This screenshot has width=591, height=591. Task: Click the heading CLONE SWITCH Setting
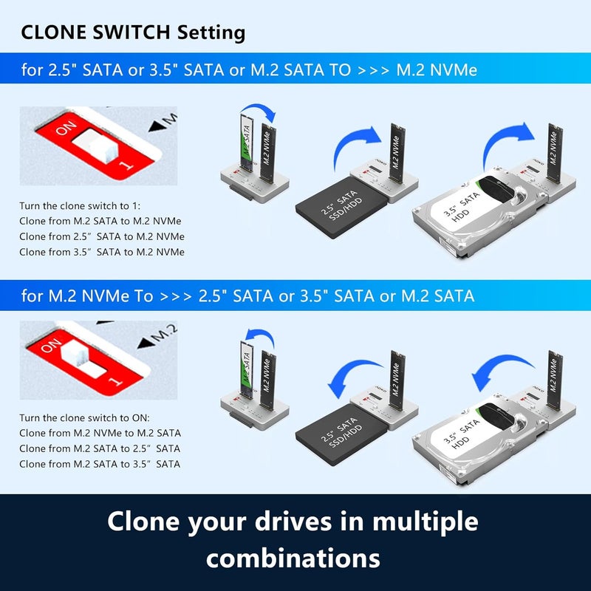[133, 33]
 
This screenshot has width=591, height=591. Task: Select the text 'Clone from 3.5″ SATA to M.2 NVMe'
[102, 252]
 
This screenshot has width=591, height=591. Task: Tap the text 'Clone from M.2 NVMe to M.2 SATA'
[100, 434]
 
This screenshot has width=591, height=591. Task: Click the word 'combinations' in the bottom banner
[295, 556]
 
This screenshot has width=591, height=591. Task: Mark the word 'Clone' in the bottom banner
[147, 521]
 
